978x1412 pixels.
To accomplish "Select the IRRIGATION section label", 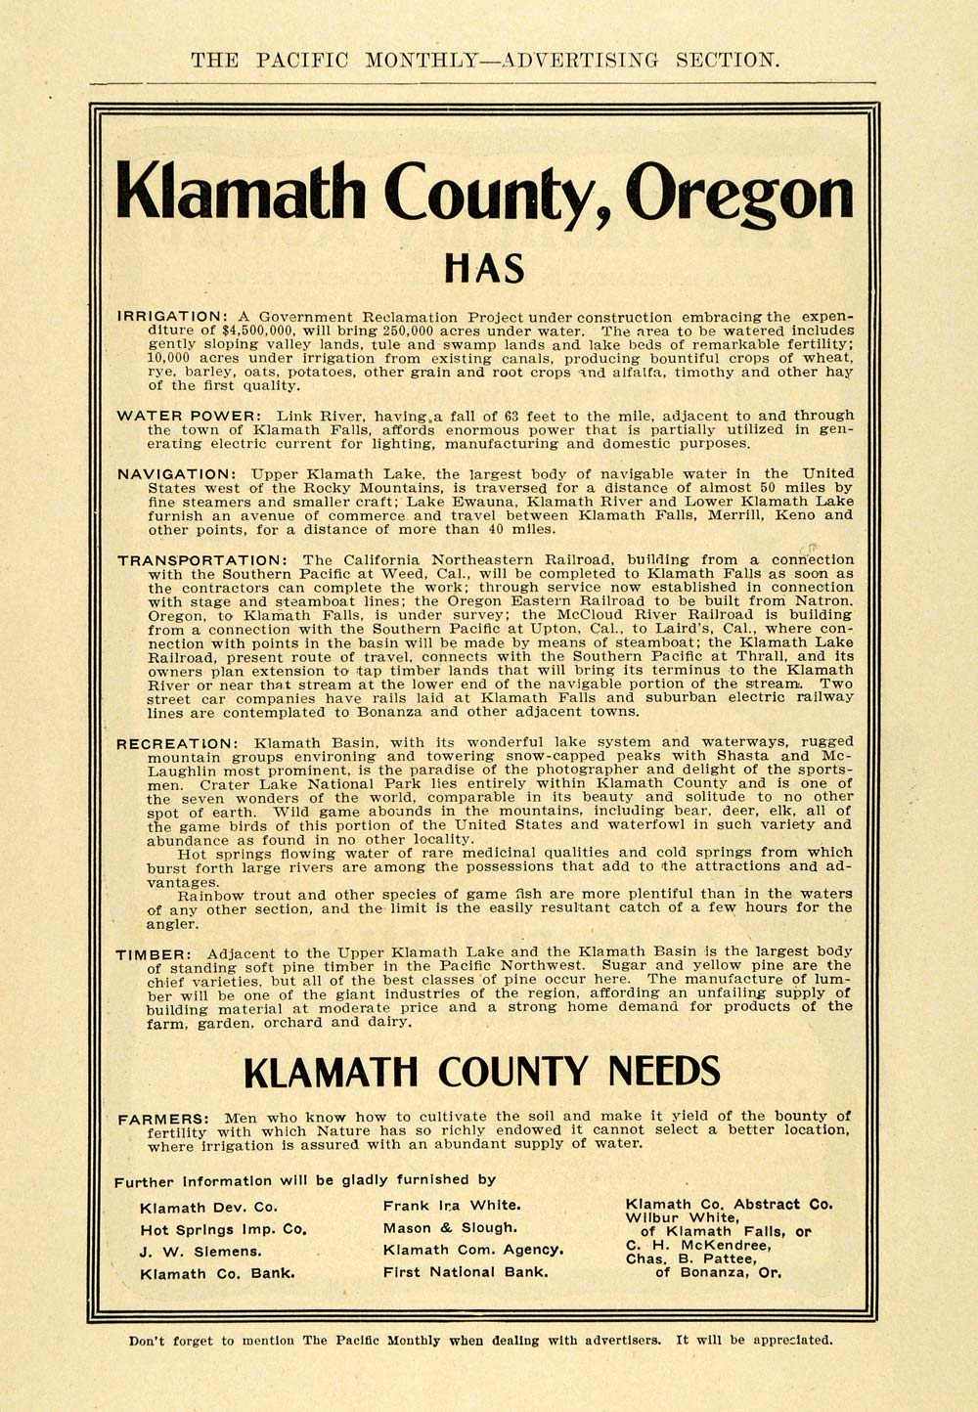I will click(172, 317).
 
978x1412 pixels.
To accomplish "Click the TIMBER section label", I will click(151, 953).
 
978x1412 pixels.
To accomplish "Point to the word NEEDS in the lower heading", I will click(664, 1072).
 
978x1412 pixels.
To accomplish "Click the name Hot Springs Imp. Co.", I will click(224, 1229).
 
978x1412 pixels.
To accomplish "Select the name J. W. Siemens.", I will click(200, 1252).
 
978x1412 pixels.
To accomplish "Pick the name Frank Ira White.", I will click(451, 1206).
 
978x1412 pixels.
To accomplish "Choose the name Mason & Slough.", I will click(450, 1228).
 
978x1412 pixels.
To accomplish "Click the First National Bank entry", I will click(466, 1272).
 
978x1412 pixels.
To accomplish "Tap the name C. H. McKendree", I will click(698, 1245).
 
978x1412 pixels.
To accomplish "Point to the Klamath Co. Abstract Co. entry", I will click(729, 1204).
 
